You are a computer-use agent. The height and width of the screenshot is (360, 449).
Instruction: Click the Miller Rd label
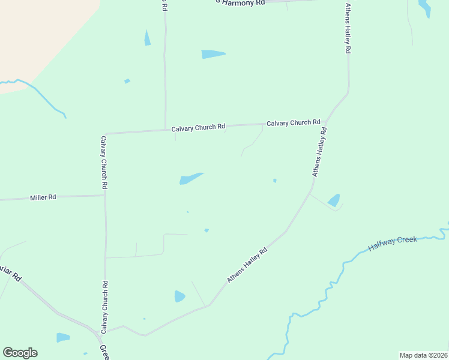click(43, 197)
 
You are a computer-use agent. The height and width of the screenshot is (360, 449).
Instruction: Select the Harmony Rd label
click(241, 3)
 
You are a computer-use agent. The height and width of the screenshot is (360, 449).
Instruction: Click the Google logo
click(20, 353)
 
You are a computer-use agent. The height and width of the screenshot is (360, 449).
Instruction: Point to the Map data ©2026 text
click(423, 355)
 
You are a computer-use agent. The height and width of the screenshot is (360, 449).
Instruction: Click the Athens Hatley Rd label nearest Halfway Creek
click(247, 266)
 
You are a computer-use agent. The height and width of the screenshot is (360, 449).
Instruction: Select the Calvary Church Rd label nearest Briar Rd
click(104, 307)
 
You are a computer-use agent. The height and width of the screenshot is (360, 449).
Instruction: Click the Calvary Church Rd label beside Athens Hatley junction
click(293, 123)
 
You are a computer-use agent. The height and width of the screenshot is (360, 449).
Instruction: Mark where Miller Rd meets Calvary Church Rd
click(105, 194)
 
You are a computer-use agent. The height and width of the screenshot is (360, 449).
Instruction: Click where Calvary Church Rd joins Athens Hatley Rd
click(327, 121)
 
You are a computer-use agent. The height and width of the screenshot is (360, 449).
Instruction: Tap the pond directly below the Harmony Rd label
click(213, 54)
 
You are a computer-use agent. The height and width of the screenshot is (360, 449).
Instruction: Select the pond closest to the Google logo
click(63, 337)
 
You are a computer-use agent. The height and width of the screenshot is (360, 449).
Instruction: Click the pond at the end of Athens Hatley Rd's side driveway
click(334, 200)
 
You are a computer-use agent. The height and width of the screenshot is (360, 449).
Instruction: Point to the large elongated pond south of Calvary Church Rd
click(191, 178)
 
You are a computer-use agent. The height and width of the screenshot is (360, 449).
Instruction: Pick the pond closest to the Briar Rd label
click(63, 337)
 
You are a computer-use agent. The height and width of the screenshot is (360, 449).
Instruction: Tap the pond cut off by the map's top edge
click(424, 7)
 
